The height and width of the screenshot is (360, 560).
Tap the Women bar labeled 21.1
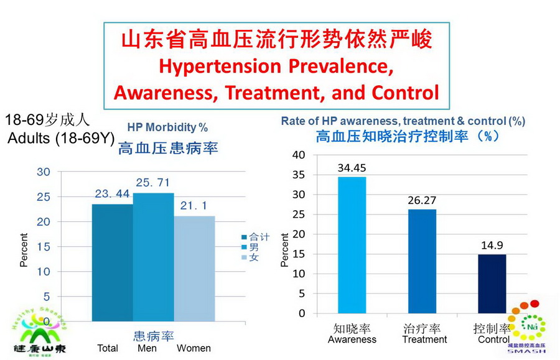tap(194, 268)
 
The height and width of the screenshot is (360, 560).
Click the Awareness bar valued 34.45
tap(352, 245)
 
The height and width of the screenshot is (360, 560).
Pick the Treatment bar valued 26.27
tap(422, 261)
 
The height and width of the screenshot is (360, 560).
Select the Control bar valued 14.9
tap(492, 284)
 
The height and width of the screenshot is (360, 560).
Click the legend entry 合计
tap(256, 237)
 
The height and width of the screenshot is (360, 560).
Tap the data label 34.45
tap(352, 168)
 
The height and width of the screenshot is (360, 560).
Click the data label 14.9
tap(492, 245)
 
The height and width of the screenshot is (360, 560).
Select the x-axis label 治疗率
tap(423, 328)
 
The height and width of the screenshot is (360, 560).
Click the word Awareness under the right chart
tap(352, 339)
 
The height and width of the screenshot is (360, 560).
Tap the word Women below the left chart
tap(194, 348)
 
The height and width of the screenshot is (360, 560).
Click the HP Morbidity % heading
tap(168, 127)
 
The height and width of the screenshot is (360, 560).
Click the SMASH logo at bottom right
tap(527, 330)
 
